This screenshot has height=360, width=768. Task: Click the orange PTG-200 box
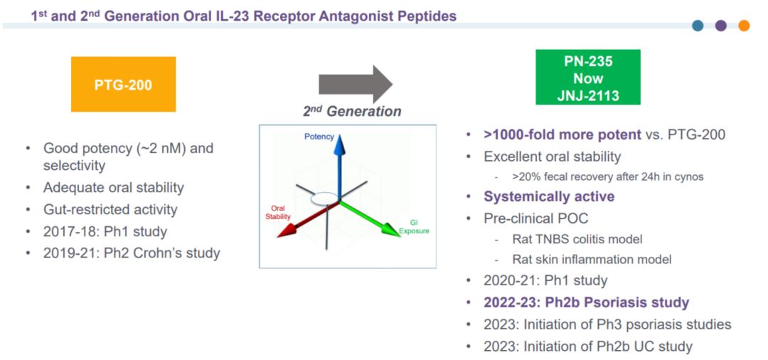[123, 84]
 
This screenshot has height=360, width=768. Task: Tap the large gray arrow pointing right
[355, 84]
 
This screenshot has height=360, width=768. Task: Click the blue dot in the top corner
[698, 26]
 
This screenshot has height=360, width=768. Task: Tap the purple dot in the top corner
[720, 26]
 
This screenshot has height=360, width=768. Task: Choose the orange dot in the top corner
[744, 26]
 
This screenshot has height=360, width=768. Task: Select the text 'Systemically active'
[549, 196]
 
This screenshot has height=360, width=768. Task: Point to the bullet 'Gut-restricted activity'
[110, 209]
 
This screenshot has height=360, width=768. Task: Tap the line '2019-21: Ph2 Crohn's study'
[132, 253]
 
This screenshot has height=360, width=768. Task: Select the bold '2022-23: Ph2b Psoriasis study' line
[586, 302]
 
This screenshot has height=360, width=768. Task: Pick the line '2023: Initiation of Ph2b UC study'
[588, 346]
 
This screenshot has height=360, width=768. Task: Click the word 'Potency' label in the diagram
[319, 136]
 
